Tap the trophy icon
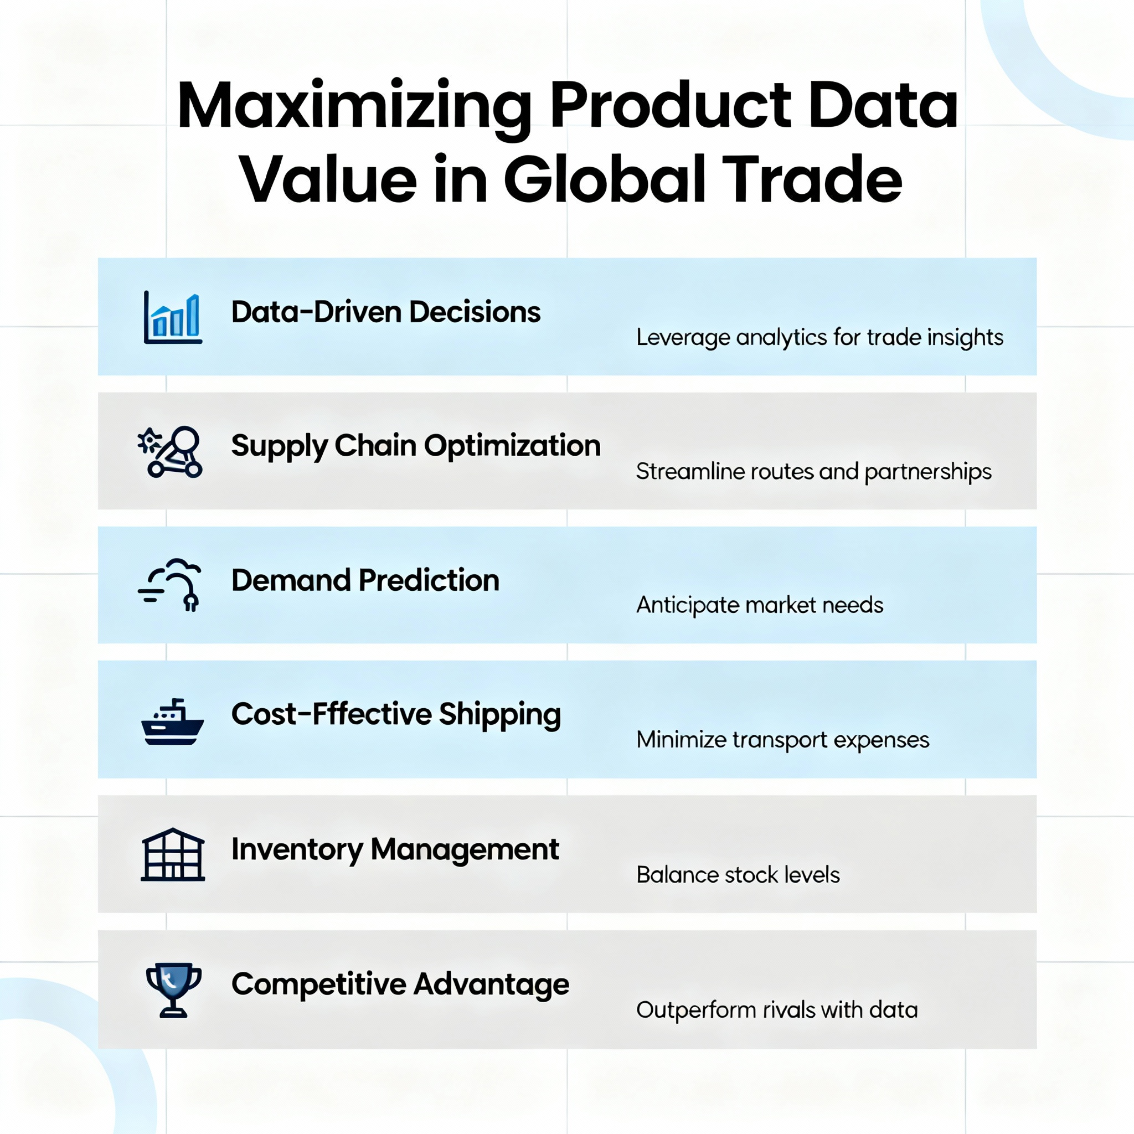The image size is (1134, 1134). point(173,989)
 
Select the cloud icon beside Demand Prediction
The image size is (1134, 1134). point(171,585)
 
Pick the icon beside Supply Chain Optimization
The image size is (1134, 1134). point(171,451)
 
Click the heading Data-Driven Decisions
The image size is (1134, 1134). point(385,312)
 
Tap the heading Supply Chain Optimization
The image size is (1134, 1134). point(416,446)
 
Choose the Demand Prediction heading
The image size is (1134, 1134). point(365,580)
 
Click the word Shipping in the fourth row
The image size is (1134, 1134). point(499,715)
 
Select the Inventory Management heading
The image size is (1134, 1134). point(395,849)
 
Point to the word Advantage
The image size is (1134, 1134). point(491,984)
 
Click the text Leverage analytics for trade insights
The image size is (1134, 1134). point(819,338)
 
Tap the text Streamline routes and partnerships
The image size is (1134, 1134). point(813,471)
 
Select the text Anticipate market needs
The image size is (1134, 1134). point(760,605)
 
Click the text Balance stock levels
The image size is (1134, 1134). point(738,874)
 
